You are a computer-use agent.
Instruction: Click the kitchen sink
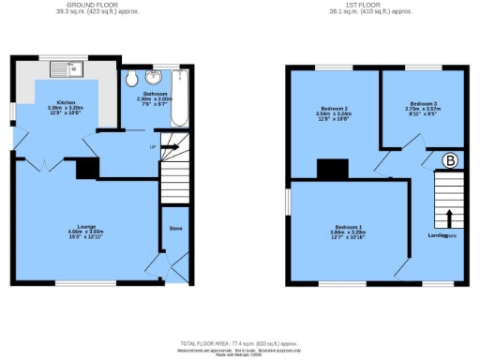click(67, 67)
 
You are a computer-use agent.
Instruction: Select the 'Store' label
click(174, 228)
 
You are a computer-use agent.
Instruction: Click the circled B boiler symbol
click(451, 161)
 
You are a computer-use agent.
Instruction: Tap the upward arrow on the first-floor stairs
click(449, 217)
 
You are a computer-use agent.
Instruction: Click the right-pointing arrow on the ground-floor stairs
click(170, 146)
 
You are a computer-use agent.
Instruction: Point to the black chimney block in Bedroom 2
click(329, 169)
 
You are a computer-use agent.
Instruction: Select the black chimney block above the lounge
click(86, 168)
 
